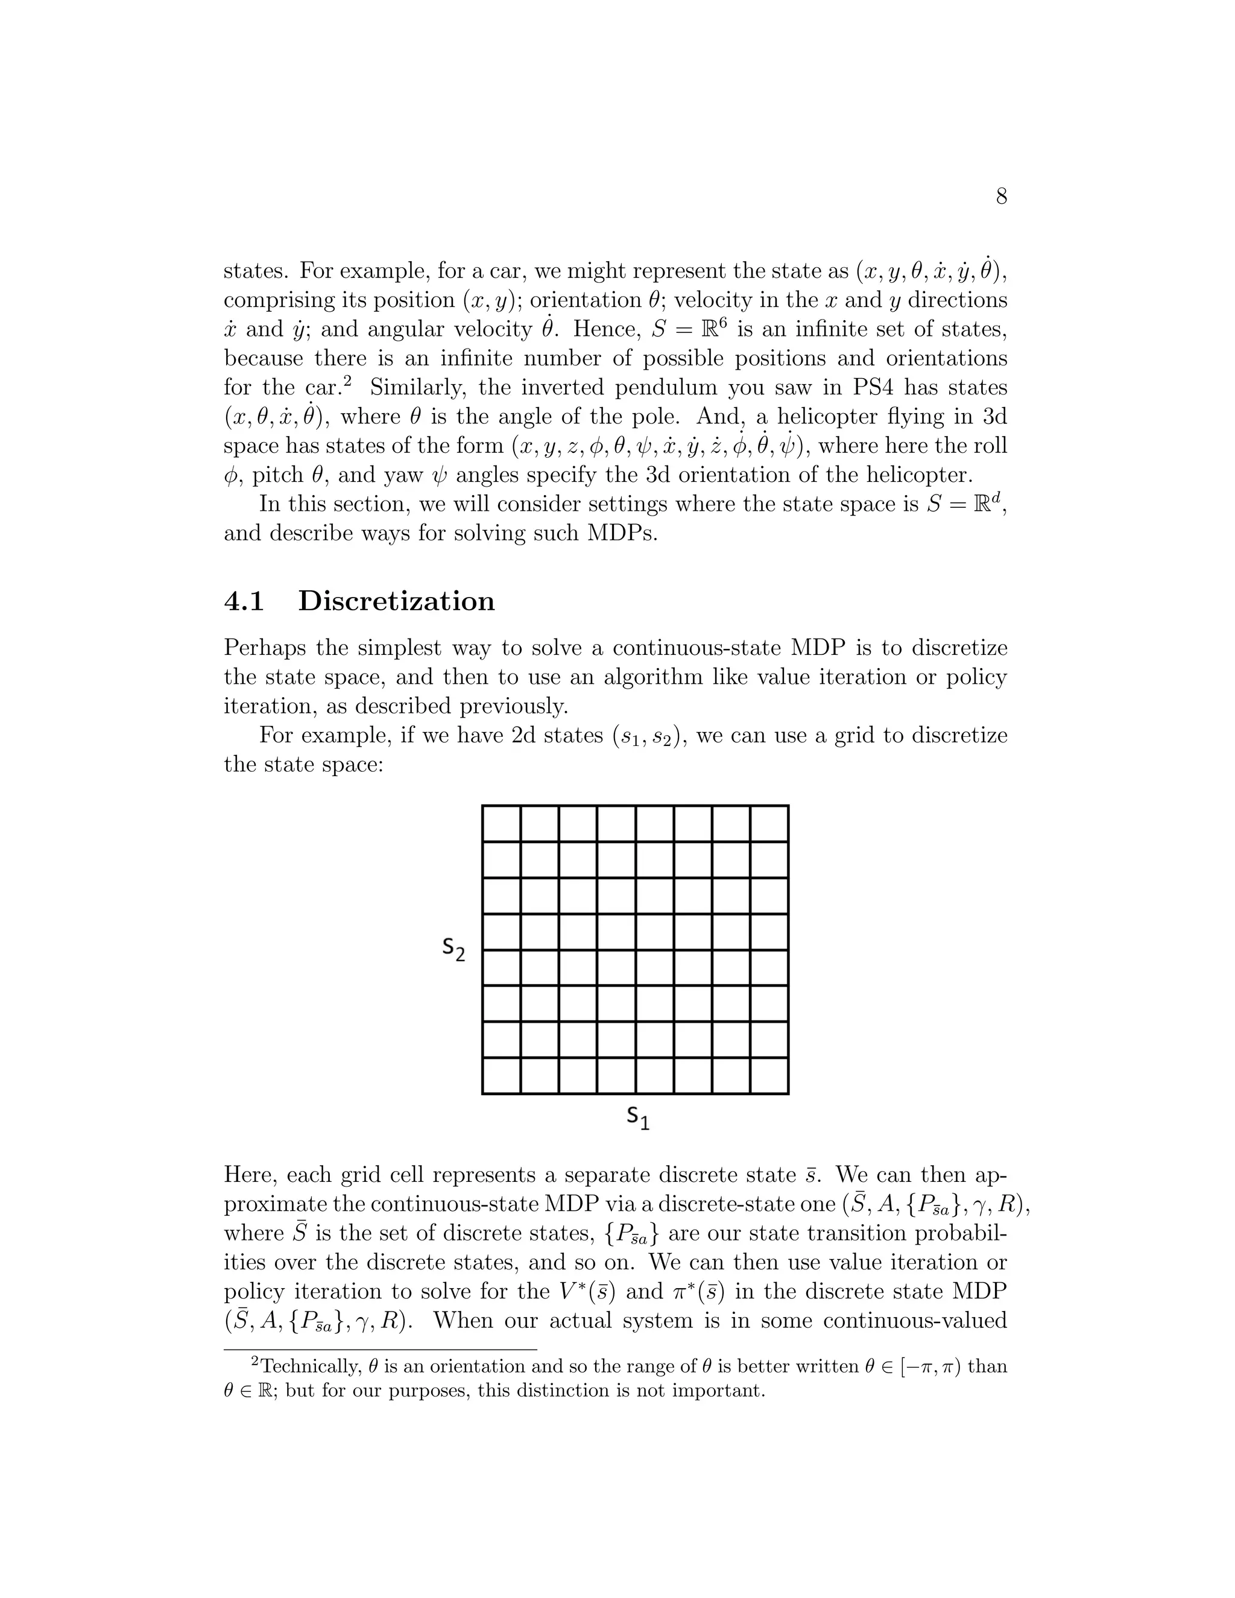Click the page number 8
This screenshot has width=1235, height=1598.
[x=1001, y=196]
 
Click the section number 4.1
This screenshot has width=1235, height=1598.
[x=244, y=601]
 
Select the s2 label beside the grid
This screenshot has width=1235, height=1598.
[x=453, y=949]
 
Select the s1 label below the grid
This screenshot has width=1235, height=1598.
[x=637, y=1117]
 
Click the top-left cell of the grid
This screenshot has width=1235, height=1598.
[x=502, y=824]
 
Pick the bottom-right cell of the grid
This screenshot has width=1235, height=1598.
[x=769, y=1076]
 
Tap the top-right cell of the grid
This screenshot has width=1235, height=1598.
[x=769, y=824]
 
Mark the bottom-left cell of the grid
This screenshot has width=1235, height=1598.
[x=502, y=1076]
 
